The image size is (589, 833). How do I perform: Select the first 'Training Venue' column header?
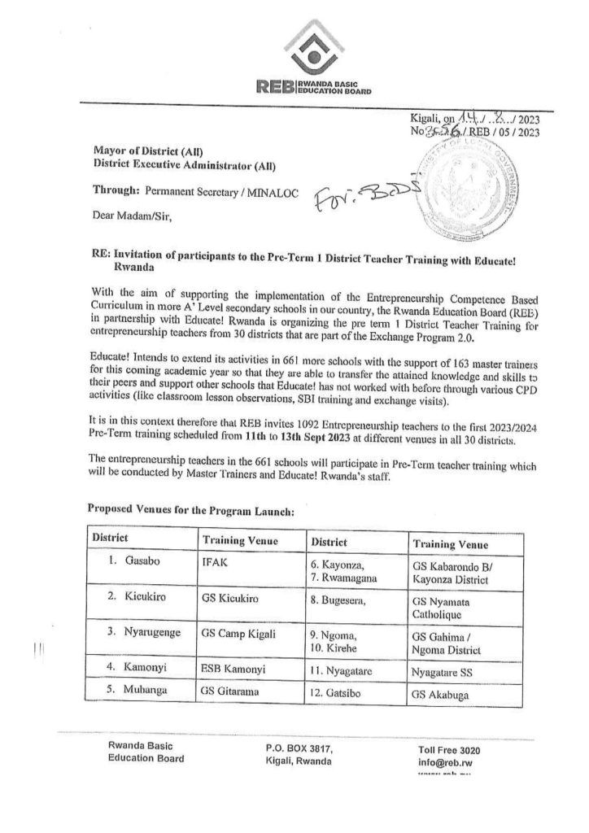240,541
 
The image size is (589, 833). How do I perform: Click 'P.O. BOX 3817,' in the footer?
299,748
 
